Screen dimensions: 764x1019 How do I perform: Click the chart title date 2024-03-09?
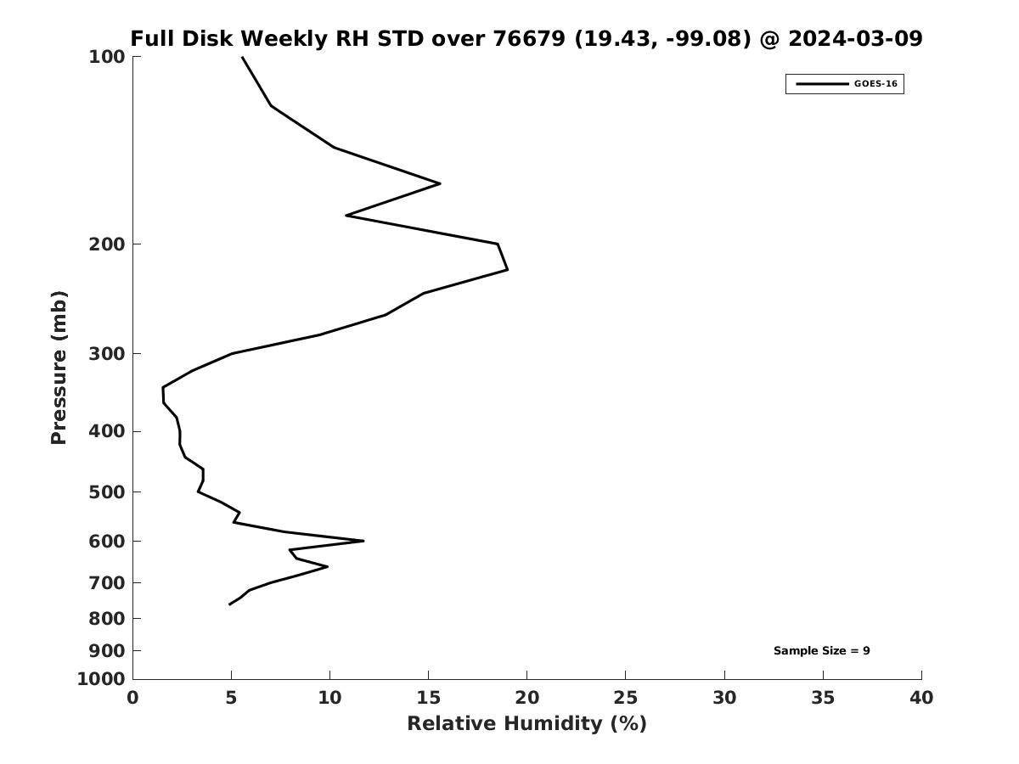coord(855,39)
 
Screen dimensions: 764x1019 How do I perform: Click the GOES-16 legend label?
coord(875,84)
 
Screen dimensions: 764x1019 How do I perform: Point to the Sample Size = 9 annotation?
coord(821,651)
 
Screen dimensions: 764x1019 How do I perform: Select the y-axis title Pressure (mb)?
coord(59,368)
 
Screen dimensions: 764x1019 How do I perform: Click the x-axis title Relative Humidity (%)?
coord(526,724)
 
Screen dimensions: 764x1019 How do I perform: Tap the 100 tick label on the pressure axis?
coord(107,57)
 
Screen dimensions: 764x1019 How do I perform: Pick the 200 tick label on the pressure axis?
coord(107,244)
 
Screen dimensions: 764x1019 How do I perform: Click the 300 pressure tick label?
coord(107,354)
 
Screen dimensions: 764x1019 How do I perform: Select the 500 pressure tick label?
coord(107,492)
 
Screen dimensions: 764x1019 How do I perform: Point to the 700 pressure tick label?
coord(107,583)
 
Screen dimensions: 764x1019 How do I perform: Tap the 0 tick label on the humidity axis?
coord(133,699)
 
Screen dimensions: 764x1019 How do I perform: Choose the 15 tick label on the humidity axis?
coord(428,699)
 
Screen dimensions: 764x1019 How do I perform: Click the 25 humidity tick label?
coord(625,699)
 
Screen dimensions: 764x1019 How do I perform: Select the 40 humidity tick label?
coord(920,699)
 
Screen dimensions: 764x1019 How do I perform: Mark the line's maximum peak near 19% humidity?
coord(507,270)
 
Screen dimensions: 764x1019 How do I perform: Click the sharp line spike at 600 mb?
coord(363,541)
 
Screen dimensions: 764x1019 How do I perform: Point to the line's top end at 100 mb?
coord(242,58)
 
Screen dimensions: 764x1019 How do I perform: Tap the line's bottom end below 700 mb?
coord(229,604)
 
